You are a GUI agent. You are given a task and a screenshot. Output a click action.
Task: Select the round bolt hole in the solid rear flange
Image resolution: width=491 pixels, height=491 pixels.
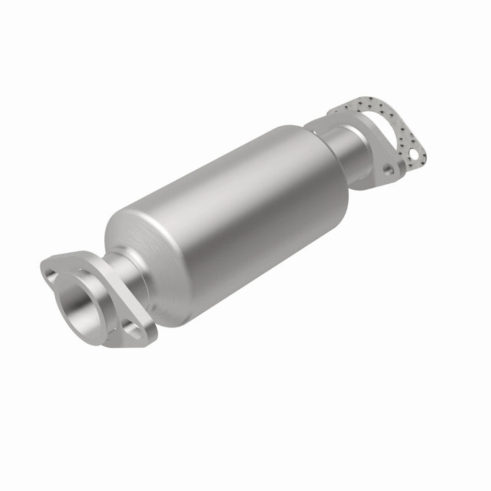point(388,168)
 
